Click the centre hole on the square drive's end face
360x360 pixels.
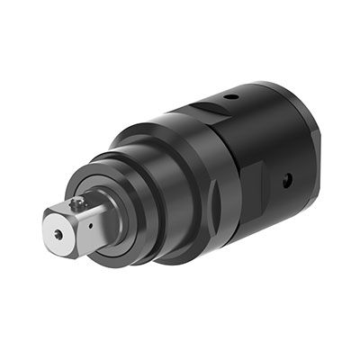tap(58, 234)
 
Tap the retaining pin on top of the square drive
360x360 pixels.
tap(80, 204)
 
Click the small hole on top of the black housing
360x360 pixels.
tap(231, 96)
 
